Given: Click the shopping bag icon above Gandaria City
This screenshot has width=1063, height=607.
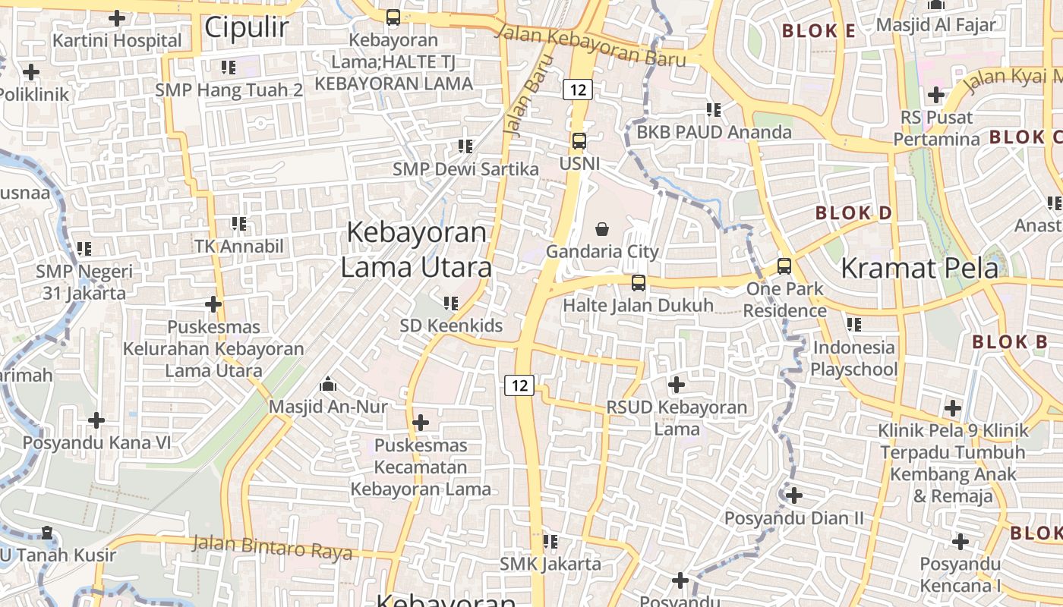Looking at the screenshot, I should point(602,228).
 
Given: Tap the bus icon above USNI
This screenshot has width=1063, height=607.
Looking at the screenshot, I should point(579,141).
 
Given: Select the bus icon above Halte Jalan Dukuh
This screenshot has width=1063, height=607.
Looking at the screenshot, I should point(639,283).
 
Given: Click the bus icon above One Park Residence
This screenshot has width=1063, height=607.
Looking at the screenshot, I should point(784,266).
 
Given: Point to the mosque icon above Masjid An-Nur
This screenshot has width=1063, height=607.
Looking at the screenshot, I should point(328,384).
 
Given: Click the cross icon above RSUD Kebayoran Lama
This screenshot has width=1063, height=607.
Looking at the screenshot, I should point(676,385).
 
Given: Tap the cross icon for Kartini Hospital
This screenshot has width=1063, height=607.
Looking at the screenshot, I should point(117,17).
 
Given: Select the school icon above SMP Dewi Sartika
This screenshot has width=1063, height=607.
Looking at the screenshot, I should point(465,146).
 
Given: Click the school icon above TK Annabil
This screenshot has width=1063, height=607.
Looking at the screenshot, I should point(239,224).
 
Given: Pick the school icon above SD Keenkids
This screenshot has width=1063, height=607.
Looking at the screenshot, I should point(451,303).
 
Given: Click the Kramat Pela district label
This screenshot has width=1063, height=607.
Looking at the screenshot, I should point(919,268).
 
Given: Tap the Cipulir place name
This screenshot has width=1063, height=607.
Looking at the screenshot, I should point(247,27).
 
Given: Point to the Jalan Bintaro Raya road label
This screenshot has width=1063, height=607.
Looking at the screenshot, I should point(272,546).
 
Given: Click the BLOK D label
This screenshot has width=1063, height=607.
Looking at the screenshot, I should point(853,213).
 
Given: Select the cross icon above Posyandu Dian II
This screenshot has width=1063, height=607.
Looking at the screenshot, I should point(793,495).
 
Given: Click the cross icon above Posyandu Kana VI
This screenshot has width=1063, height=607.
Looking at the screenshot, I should point(96,420).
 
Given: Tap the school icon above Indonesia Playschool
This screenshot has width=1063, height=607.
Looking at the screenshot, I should point(854,325).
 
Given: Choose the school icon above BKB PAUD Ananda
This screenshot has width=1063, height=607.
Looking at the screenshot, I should point(713,110).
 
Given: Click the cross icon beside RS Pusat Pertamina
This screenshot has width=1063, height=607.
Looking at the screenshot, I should point(935,95).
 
